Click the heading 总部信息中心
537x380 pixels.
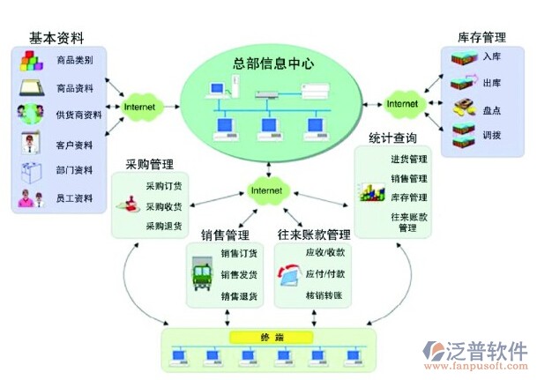click(274, 63)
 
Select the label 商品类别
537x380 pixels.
click(74, 61)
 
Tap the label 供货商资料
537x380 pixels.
click(78, 115)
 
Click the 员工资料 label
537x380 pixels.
click(74, 198)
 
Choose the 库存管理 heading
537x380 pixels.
click(481, 38)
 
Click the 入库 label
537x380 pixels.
click(492, 57)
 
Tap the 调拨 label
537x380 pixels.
click(492, 135)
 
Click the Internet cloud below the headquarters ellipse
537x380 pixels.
click(267, 190)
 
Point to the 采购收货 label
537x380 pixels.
click(163, 206)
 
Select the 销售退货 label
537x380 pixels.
click(239, 295)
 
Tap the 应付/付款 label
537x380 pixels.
click(325, 273)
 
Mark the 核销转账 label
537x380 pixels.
click(324, 295)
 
